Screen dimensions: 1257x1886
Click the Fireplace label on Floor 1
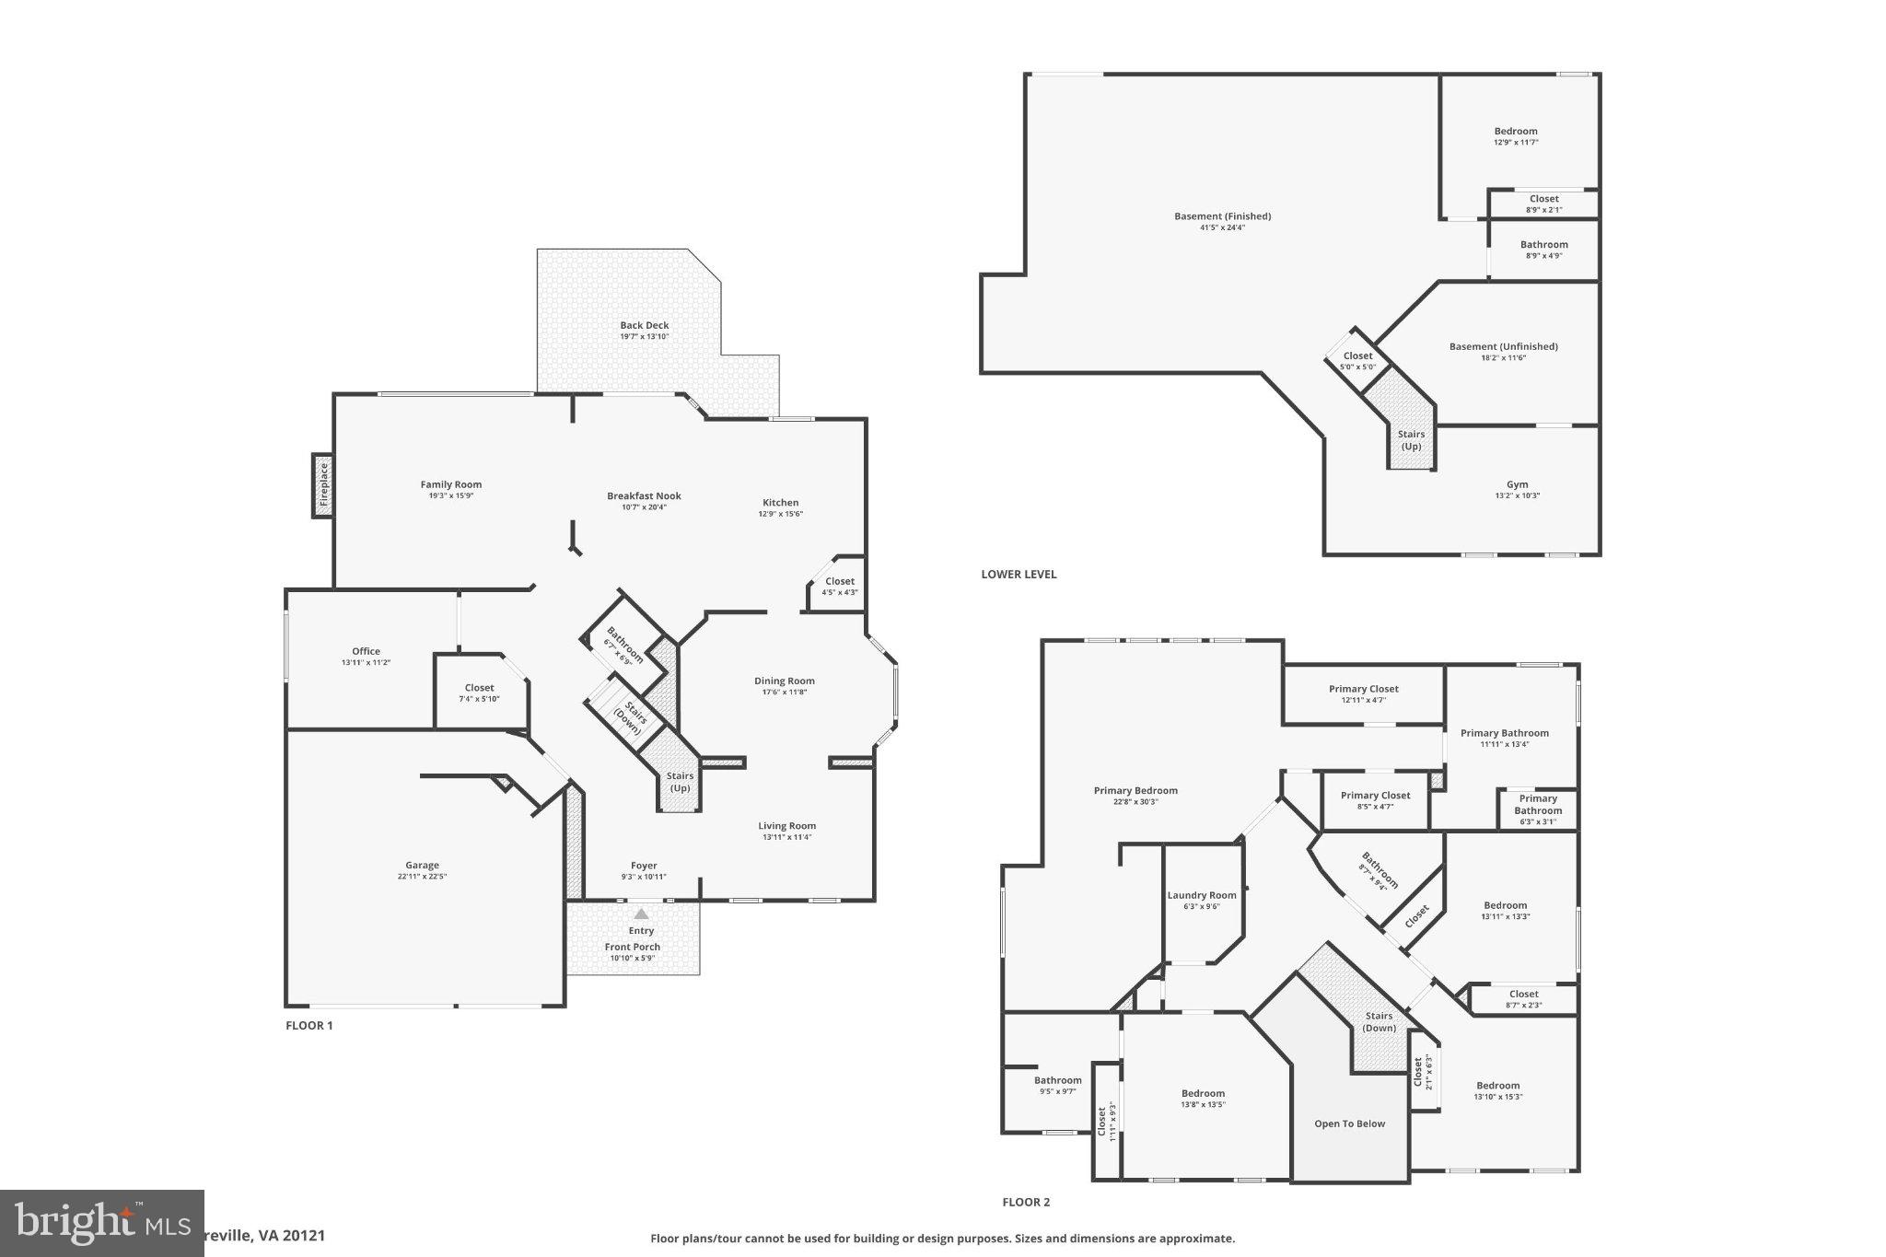[x=323, y=485]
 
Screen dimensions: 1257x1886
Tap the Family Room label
[x=451, y=484]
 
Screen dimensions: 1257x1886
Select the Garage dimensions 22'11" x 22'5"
[x=422, y=877]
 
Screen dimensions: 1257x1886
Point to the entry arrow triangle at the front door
[x=641, y=914]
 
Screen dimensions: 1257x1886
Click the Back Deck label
[x=644, y=325]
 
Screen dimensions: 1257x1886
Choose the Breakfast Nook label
[x=644, y=495]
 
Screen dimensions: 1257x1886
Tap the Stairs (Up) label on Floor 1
[x=680, y=782]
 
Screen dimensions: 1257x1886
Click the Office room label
[x=366, y=651]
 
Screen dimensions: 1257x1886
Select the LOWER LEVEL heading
[x=1019, y=574]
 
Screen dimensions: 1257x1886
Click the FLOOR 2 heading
[x=1026, y=1202]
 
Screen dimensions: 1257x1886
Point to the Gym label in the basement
[x=1517, y=484]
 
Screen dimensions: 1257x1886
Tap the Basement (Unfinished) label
[x=1503, y=346]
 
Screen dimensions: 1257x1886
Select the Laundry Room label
[x=1202, y=895]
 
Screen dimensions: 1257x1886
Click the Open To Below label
[x=1349, y=1123]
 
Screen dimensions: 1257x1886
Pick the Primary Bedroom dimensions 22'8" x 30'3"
[x=1135, y=802]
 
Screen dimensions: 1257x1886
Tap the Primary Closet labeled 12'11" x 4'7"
[x=1363, y=689]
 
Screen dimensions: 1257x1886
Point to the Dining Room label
[x=784, y=681]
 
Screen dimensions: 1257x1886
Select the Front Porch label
[x=632, y=947]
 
